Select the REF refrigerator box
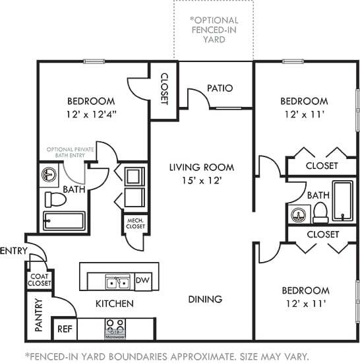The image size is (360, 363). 64,328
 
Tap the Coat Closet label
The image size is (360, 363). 39,279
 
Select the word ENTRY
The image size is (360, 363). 13,251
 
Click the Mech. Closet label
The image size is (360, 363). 135,223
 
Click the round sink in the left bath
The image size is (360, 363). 50,176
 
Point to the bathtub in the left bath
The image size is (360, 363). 63,220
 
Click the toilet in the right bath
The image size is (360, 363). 321,211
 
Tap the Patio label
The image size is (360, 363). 220,88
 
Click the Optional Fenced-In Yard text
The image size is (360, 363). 214,30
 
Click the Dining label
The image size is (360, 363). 204,299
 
